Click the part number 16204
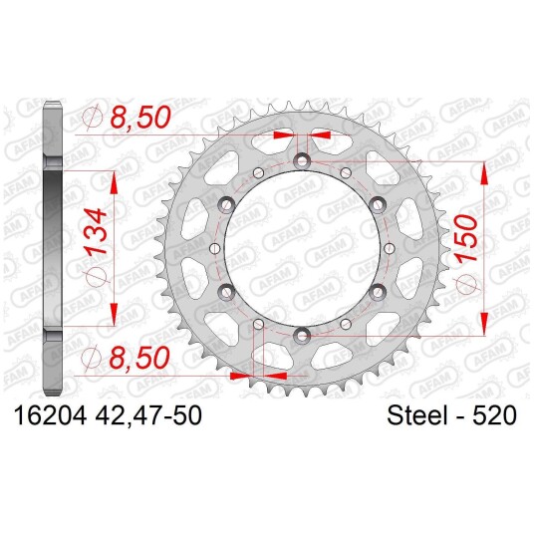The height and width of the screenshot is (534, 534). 50,415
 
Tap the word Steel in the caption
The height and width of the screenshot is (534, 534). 416,415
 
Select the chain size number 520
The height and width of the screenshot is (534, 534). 494,415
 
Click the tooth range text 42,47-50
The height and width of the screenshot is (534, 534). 148,415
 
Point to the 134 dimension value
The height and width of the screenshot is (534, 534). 97,231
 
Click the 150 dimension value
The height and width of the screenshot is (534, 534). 466,239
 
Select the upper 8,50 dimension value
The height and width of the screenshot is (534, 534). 139,117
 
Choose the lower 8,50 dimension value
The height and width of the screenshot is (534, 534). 139,358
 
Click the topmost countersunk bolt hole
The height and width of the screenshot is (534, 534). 302,160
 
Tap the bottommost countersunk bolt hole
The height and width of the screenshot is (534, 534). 302,336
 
